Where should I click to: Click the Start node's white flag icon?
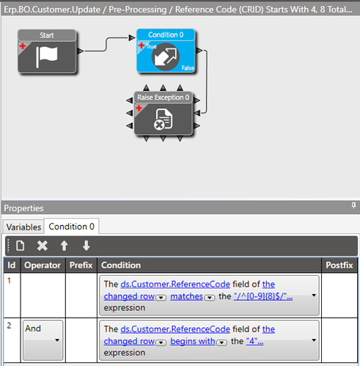(47, 57)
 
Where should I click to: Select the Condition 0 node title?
(166, 34)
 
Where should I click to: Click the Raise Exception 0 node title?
(163, 98)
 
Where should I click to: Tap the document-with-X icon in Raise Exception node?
(164, 120)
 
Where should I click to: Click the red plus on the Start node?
(23, 46)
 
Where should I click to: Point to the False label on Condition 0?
(188, 68)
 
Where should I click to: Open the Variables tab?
(23, 227)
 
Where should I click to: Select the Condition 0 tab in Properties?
(71, 227)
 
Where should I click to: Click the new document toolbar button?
(20, 246)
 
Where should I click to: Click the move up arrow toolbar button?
(65, 246)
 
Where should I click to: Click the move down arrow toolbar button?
(86, 246)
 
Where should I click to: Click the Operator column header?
(43, 266)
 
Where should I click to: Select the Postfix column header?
(339, 266)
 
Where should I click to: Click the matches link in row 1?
(186, 296)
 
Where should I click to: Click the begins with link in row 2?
(193, 341)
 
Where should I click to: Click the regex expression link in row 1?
(263, 296)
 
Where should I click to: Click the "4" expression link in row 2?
(254, 341)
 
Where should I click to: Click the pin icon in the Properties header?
(353, 205)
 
